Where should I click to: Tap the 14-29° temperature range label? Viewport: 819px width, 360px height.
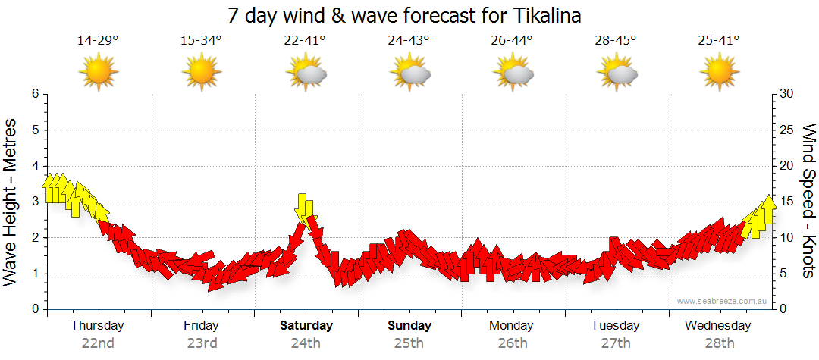pos(98,41)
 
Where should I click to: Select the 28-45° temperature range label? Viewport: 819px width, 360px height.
pos(615,41)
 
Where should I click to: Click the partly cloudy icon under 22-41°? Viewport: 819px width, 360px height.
pos(306,73)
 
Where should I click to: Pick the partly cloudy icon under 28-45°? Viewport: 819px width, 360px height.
pos(617,73)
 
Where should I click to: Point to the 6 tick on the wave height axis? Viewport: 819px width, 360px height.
pos(35,94)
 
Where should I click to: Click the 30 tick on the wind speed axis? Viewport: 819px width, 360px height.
pos(787,94)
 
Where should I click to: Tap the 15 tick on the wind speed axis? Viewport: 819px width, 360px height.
pos(787,202)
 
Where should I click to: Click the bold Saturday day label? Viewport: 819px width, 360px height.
pos(306,326)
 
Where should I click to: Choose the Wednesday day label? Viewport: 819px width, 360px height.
pos(717,326)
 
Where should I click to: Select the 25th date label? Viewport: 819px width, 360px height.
pos(409,343)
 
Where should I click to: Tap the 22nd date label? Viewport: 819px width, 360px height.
pos(98,343)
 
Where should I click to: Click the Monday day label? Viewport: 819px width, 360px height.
pos(511,326)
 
